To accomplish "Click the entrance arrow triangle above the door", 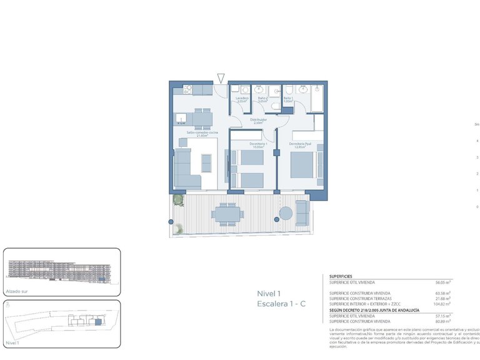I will (x=221, y=78).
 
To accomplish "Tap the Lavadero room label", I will (x=242, y=99).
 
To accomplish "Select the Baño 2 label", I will (x=262, y=99).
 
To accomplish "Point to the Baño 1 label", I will (x=288, y=99).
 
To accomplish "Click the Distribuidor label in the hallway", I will (x=259, y=121).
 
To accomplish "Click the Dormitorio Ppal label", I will (x=300, y=146).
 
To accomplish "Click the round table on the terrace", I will (x=286, y=212).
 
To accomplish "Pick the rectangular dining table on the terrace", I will (x=226, y=213).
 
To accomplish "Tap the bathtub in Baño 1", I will (x=316, y=99).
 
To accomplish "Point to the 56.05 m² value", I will (x=442, y=282).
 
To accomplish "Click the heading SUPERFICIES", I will (x=341, y=276).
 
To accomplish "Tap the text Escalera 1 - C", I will (x=281, y=304).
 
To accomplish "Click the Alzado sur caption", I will (x=17, y=291).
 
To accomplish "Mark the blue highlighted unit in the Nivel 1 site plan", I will (x=97, y=322).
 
